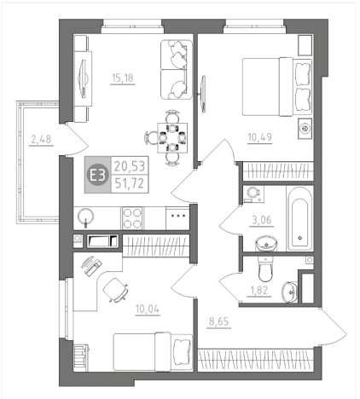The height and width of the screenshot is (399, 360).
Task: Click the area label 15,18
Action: (123, 78)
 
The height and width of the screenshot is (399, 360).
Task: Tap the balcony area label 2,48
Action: (41, 139)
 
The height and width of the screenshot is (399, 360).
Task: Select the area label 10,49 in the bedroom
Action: (260, 137)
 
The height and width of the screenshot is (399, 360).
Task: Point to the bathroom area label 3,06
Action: (262, 220)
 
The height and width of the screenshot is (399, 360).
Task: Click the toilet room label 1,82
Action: (259, 291)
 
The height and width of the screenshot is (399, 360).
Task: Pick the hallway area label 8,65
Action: (219, 321)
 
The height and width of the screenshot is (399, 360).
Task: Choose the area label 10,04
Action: (148, 309)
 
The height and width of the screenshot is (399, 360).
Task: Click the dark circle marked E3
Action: (97, 175)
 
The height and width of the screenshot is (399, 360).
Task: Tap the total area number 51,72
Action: (130, 183)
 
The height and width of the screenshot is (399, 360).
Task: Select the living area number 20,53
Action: (130, 165)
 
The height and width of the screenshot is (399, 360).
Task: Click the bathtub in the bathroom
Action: (299, 218)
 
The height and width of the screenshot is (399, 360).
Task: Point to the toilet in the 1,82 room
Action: (265, 269)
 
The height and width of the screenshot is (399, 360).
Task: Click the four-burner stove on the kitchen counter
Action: (132, 218)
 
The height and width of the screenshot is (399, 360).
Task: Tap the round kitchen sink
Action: (85, 217)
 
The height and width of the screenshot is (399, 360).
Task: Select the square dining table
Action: (172, 138)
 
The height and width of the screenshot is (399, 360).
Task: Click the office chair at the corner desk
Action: (115, 290)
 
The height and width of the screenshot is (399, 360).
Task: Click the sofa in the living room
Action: (177, 70)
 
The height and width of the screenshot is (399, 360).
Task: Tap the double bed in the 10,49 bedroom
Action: (276, 87)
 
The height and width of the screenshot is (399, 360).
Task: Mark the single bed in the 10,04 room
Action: (153, 352)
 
